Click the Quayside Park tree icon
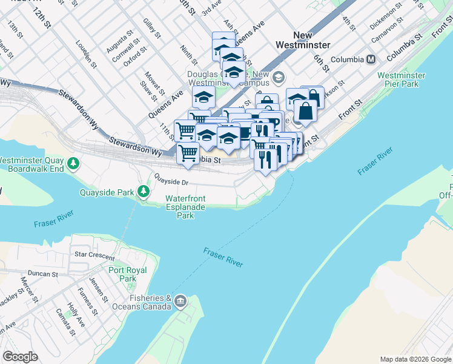[144, 192]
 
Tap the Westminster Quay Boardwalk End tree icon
[73, 163]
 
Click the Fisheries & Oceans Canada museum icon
[180, 302]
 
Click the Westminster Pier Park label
[401, 79]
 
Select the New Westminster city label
[303, 40]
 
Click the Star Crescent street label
[94, 255]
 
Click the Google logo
[20, 357]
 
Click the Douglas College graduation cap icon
[278, 76]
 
